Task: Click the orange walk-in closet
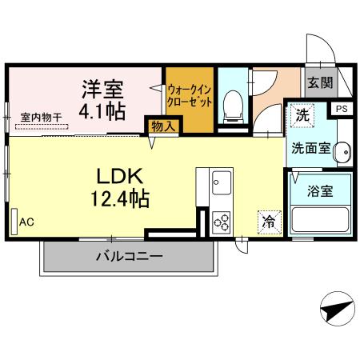[189, 99]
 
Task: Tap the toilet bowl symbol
[233, 103]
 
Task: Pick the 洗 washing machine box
[302, 115]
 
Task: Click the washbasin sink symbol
[342, 150]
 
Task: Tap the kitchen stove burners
[221, 222]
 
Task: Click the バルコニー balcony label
[130, 257]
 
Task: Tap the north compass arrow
[336, 307]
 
